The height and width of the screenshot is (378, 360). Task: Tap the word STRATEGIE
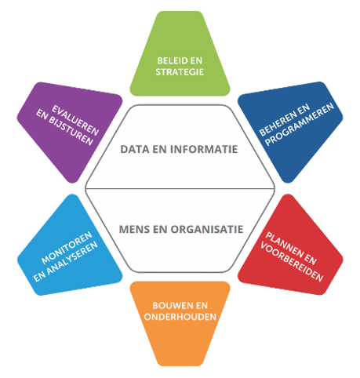180,72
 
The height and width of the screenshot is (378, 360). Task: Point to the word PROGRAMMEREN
300,124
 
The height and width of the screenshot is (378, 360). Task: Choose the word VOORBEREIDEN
292,262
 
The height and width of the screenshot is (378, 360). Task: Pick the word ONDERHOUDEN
180,317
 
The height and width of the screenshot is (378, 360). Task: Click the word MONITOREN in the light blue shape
67,247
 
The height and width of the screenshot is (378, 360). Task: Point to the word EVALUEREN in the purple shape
75,120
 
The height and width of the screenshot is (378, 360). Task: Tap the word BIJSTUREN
71,132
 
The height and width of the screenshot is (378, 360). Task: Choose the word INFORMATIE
204,149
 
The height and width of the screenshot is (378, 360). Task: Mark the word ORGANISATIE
207,229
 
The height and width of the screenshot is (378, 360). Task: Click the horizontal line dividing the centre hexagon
180,188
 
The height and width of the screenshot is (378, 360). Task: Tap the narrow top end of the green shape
180,13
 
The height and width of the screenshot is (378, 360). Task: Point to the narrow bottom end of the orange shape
180,365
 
